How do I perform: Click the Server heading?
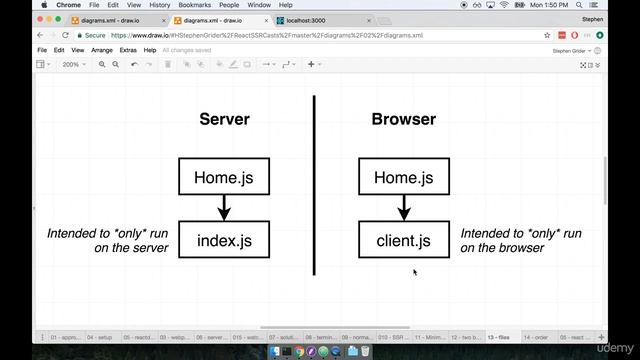point(224,119)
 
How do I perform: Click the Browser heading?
point(403,119)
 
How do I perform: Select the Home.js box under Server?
point(224,177)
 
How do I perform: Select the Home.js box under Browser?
point(403,177)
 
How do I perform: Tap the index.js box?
point(224,240)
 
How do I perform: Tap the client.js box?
point(403,240)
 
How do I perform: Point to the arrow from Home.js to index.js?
point(224,208)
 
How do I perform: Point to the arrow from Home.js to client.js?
point(403,208)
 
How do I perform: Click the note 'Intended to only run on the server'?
point(110,240)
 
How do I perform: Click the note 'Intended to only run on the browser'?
point(520,240)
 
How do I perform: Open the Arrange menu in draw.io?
point(102,50)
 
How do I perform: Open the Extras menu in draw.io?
point(128,50)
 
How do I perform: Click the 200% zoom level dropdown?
point(73,64)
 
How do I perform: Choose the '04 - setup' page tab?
point(101,338)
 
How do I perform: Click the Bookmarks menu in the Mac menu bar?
point(194,5)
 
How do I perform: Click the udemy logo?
point(611,347)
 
